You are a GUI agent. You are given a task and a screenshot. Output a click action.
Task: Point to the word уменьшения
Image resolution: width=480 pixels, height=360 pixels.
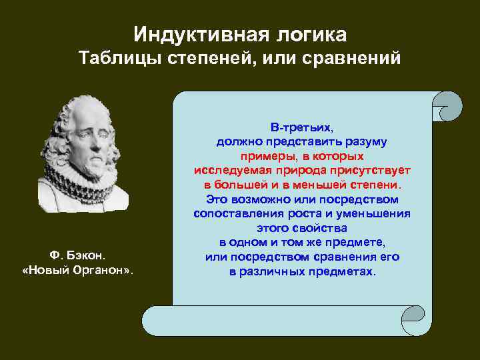(x=375, y=214)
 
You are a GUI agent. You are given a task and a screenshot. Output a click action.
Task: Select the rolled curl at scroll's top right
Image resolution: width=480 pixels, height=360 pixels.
(x=447, y=107)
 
